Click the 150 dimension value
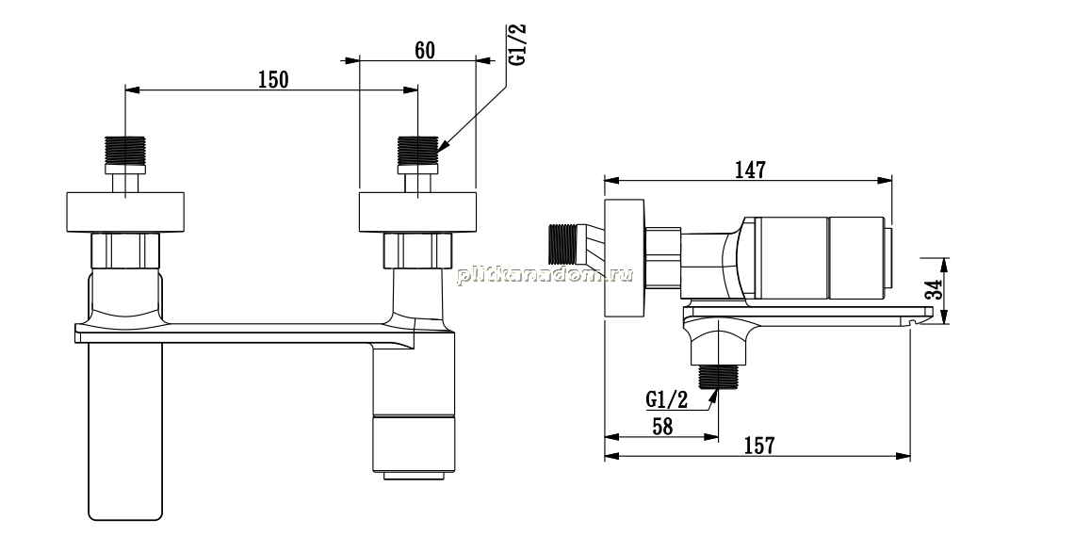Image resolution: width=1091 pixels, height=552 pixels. (273, 80)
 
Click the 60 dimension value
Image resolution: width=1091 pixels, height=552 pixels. (424, 51)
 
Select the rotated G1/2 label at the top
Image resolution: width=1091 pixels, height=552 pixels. (517, 45)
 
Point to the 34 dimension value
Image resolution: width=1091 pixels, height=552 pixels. (934, 290)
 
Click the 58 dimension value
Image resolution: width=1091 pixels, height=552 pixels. (661, 426)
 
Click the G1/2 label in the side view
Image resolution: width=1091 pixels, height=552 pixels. (667, 399)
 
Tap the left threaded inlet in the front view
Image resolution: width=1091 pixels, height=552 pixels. (125, 151)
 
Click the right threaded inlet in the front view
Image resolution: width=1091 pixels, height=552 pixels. (417, 151)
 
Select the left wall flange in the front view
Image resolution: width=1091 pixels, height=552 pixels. (125, 212)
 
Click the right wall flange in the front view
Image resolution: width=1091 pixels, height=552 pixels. (417, 212)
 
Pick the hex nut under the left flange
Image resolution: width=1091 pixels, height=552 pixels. (126, 250)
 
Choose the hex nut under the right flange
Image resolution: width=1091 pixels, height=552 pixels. (417, 250)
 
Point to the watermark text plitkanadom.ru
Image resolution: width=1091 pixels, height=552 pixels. (545, 275)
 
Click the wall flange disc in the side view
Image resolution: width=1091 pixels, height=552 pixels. (625, 257)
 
